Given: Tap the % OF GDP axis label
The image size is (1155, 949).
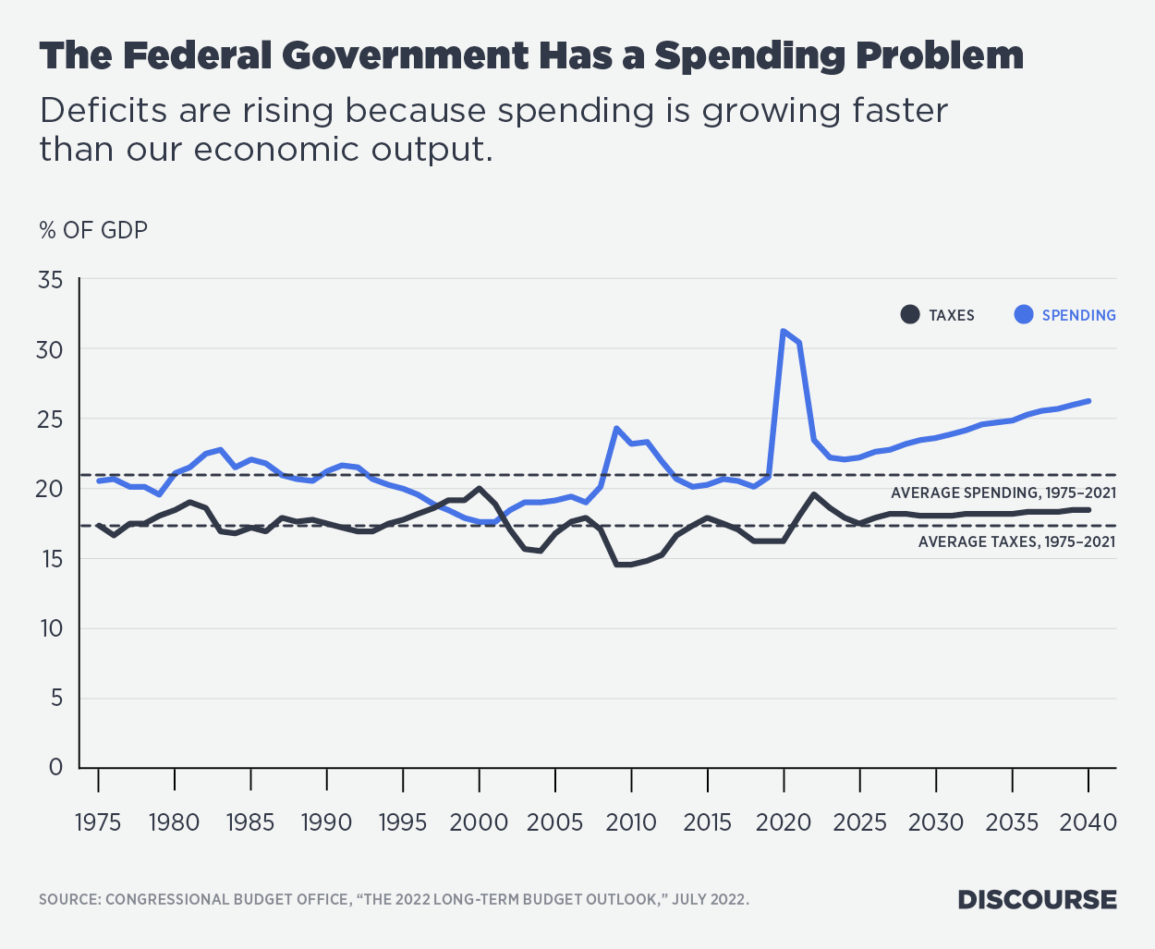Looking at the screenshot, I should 93,230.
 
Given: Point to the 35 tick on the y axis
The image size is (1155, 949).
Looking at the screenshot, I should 50,279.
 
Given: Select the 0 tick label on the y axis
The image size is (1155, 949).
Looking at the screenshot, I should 55,767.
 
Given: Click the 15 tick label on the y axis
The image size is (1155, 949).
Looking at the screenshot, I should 50,558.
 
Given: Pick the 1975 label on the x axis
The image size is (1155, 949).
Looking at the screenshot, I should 98,821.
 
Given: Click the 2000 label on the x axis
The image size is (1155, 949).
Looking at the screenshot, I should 479,821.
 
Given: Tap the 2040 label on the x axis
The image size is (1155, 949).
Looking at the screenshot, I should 1088,821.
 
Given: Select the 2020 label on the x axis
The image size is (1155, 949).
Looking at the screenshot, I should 784,821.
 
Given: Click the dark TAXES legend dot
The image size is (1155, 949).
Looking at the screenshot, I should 910,315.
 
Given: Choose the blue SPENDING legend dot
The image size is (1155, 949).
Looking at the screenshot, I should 1024,315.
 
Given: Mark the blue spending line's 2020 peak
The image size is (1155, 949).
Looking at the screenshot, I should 784,331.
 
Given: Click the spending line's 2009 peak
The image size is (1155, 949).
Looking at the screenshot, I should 616,428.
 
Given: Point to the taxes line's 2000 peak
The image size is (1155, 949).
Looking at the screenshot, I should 479,488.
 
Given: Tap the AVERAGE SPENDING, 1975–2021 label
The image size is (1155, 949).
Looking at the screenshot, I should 1003,493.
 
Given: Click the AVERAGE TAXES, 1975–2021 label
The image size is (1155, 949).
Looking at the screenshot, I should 1016,541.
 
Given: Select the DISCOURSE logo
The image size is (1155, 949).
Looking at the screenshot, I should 1037,900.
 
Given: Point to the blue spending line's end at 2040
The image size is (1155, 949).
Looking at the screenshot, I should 1088,401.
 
